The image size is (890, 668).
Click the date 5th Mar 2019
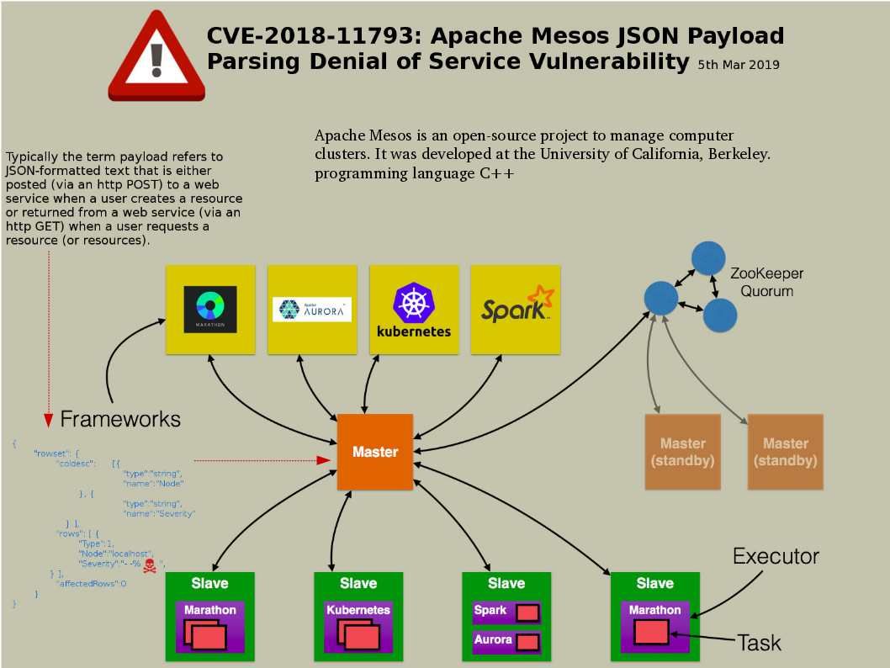click(x=738, y=65)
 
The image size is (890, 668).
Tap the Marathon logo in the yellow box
click(x=210, y=309)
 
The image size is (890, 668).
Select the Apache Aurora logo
click(x=312, y=309)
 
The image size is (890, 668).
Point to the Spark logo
click(x=516, y=308)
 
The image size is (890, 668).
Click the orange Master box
click(x=375, y=452)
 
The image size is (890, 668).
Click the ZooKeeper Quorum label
click(x=766, y=282)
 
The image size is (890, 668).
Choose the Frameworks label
click(x=120, y=418)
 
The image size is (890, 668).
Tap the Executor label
click(x=776, y=556)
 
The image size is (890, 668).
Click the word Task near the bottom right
click(x=760, y=644)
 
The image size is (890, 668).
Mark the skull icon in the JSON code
click(x=150, y=565)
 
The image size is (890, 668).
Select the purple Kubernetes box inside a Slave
click(x=358, y=627)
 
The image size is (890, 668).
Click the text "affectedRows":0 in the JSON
click(x=90, y=583)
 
